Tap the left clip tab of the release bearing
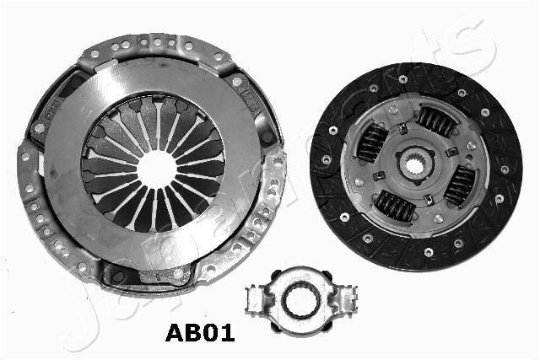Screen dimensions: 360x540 pos(254,297)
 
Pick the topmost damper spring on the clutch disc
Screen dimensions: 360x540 pos(436,123)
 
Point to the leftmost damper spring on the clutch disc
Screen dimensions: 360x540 pos(370,142)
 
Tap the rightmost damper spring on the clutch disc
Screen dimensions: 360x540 pos(460,184)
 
